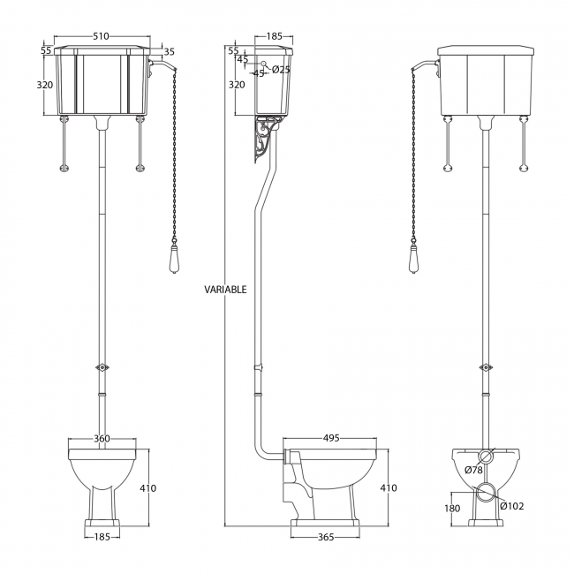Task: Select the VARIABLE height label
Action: pos(225,289)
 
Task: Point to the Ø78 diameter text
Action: pos(473,470)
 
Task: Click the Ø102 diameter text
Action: pos(513,506)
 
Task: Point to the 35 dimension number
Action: pos(170,52)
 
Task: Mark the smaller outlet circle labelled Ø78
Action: pos(484,457)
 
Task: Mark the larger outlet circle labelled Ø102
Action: pos(484,495)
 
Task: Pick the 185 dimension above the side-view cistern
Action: pos(274,37)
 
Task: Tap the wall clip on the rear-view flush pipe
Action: pos(484,366)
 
